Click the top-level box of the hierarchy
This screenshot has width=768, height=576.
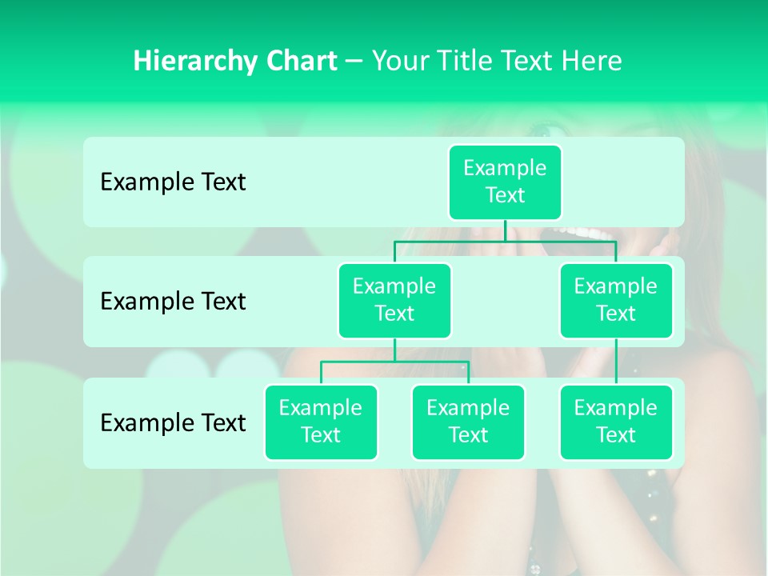505,182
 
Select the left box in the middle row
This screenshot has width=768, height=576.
394,300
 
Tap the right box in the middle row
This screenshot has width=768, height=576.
616,300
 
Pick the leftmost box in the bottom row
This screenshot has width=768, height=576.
321,422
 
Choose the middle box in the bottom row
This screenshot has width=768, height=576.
468,422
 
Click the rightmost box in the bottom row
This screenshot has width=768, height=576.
616,422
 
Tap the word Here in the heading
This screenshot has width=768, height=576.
590,61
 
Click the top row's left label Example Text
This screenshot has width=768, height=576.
173,182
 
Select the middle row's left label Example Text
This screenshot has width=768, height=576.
173,302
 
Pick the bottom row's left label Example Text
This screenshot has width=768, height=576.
173,422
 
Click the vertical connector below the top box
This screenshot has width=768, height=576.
505,230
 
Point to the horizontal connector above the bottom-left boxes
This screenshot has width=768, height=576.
394,362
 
